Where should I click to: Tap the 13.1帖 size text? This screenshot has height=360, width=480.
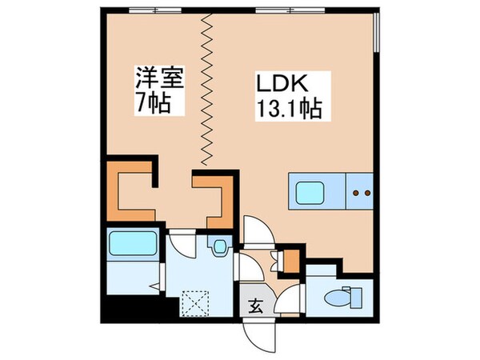click(290, 109)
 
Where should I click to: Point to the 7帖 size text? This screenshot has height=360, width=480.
click(151, 104)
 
